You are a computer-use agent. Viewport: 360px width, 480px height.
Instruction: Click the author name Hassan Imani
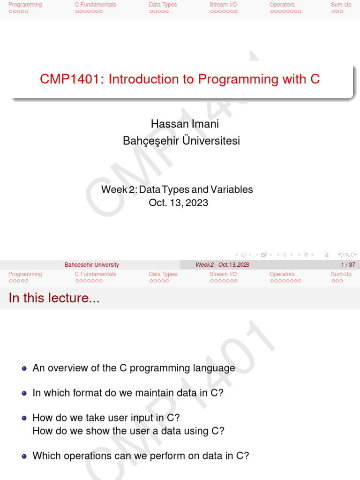(x=185, y=124)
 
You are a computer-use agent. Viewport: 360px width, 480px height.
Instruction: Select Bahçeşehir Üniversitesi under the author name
(x=181, y=141)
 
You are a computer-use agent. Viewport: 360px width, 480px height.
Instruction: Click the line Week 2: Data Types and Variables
(x=177, y=190)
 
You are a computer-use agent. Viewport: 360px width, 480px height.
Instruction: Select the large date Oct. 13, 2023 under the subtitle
(x=178, y=203)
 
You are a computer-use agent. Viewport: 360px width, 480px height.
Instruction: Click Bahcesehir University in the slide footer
(x=91, y=265)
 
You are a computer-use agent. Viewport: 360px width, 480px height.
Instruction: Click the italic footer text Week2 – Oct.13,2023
(x=222, y=265)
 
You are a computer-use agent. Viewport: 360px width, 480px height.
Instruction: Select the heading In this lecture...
(x=54, y=298)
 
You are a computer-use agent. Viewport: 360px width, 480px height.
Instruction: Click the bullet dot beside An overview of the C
(x=24, y=368)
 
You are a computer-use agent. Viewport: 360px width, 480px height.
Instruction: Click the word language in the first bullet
(x=216, y=368)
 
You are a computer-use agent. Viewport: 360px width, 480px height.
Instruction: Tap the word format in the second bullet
(x=88, y=393)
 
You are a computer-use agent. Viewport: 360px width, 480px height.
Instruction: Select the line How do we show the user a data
(x=128, y=431)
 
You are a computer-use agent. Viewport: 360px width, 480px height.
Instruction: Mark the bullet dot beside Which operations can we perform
(x=24, y=456)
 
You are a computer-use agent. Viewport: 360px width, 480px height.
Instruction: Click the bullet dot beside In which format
(x=24, y=393)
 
